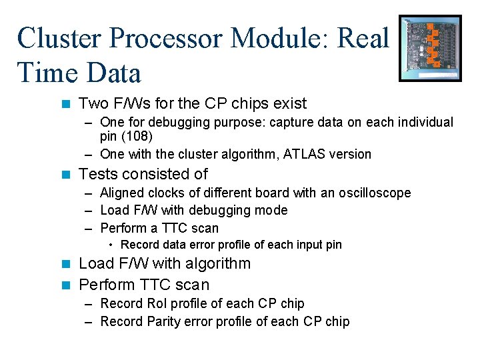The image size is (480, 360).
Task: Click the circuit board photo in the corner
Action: [x=430, y=48]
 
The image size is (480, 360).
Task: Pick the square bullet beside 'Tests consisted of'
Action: [x=65, y=175]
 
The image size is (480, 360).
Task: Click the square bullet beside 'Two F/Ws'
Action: [x=65, y=104]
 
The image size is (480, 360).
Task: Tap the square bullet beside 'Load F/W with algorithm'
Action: [x=65, y=264]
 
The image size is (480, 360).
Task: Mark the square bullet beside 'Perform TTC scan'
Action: [x=65, y=285]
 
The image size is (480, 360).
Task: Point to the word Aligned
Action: [x=123, y=193]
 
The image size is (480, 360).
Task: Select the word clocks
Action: [x=169, y=193]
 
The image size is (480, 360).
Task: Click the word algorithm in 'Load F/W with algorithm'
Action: [x=217, y=264]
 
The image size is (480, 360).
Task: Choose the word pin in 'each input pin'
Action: [x=333, y=245]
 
